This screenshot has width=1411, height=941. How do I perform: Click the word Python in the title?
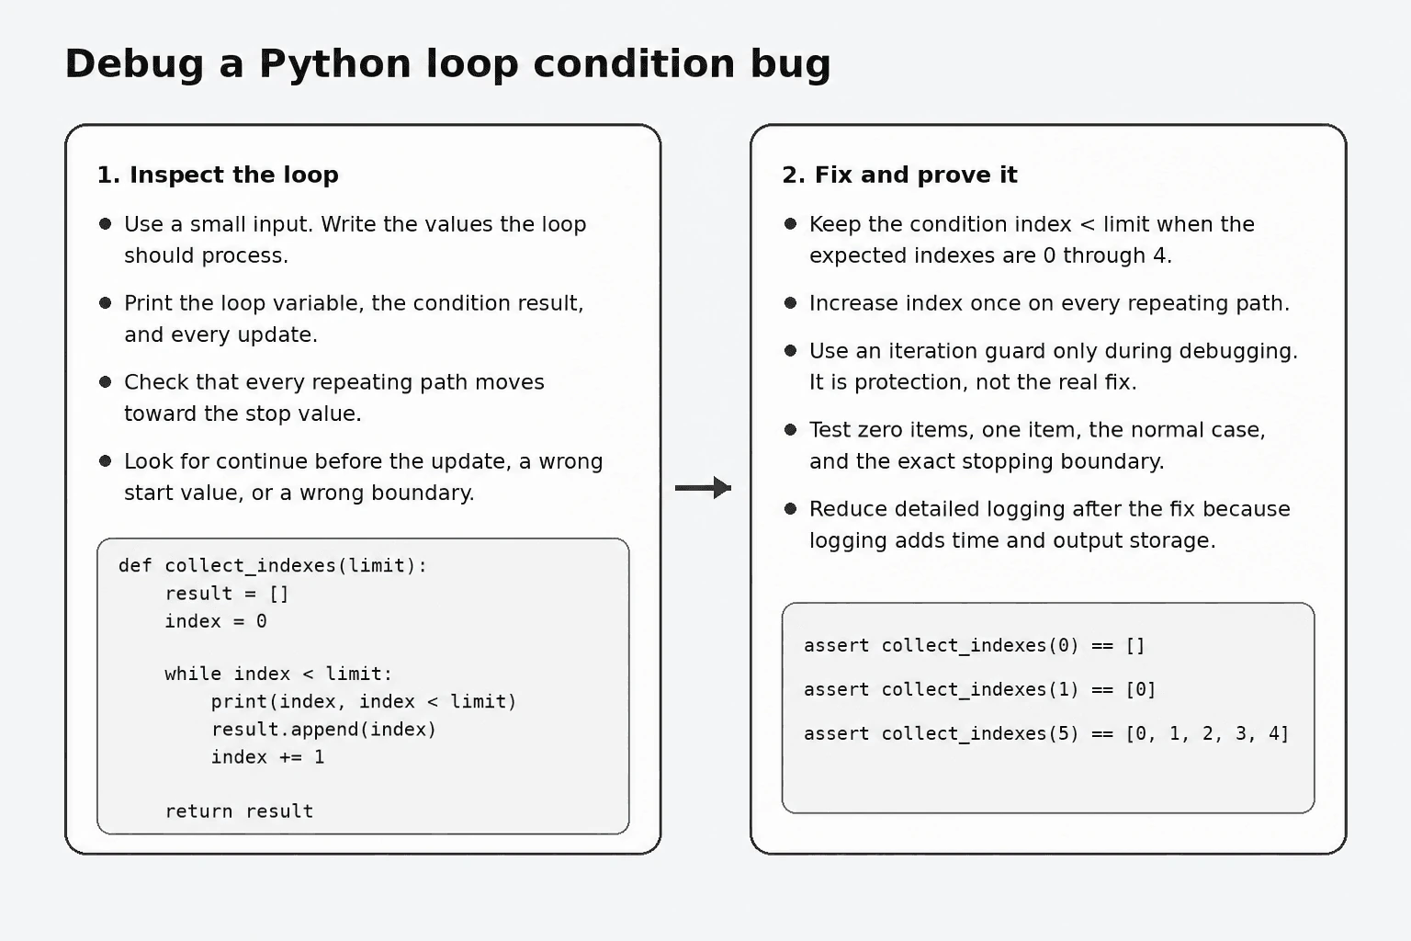coord(334,64)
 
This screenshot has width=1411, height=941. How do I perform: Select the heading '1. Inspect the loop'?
coord(218,175)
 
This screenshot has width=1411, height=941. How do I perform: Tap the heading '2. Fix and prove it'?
coord(899,175)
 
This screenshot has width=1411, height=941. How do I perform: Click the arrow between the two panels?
coord(703,487)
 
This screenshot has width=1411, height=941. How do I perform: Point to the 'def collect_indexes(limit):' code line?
coord(273,565)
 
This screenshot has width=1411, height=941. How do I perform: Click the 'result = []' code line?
coord(227,593)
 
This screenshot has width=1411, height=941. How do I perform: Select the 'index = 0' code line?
coord(216,621)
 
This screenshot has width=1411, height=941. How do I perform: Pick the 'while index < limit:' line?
coord(278,674)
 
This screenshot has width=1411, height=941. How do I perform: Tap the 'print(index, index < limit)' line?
coord(364,701)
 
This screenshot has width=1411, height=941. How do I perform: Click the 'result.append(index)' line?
coord(323,730)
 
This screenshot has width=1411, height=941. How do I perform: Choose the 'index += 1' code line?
coord(267,757)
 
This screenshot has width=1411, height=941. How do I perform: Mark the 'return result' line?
coord(239,811)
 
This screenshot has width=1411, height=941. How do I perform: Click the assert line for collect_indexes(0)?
coord(974,645)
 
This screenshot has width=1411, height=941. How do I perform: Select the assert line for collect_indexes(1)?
coord(979,689)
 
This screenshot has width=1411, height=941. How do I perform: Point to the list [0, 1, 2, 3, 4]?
coord(1208,733)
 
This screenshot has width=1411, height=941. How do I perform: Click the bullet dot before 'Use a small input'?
coord(106,223)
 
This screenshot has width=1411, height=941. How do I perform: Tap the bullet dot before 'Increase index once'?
coord(791,303)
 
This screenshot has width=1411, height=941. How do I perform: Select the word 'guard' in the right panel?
coord(1019,351)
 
